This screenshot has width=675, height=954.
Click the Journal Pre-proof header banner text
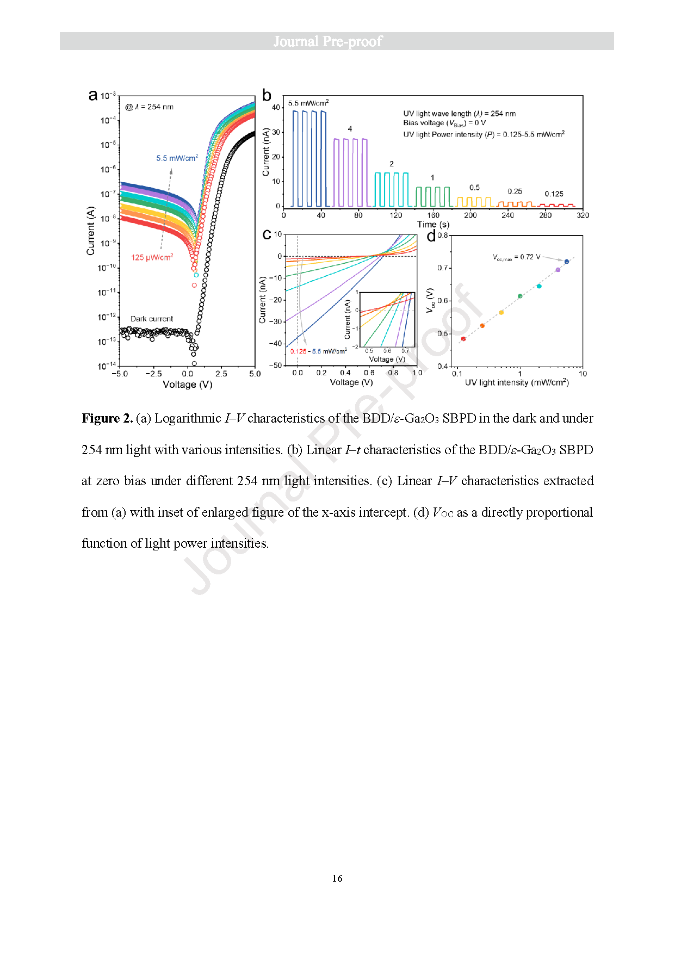tap(327, 41)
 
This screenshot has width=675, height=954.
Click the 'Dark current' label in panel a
tap(152, 319)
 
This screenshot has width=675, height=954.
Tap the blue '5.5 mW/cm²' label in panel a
tap(177, 158)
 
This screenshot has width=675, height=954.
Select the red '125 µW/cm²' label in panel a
tap(152, 257)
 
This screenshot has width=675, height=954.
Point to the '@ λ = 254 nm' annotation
tap(150, 107)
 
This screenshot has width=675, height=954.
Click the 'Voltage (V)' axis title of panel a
tap(188, 385)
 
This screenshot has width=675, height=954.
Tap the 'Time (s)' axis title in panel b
tap(433, 224)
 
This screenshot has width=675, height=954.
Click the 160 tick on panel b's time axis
tap(433, 215)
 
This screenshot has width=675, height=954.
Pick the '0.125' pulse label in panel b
tap(554, 194)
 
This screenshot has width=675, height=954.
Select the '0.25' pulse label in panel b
tap(515, 191)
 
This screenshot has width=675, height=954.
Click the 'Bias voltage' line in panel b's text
tap(444, 123)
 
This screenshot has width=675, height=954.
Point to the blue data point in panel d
tap(566, 262)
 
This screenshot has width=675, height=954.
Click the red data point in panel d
tap(463, 339)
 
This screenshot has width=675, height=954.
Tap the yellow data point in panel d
tap(501, 313)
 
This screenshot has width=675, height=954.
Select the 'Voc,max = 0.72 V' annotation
tap(516, 257)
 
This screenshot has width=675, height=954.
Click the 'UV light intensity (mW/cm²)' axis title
tap(517, 382)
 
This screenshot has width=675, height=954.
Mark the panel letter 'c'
tap(267, 234)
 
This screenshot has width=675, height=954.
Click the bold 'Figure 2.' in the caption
tap(107, 418)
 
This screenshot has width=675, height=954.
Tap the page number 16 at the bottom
tap(337, 878)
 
